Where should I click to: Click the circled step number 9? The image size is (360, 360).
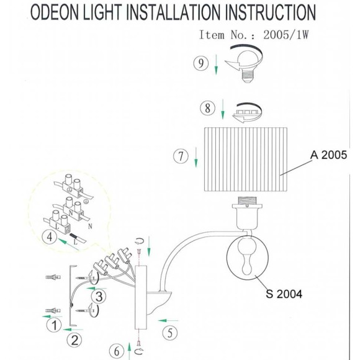201,63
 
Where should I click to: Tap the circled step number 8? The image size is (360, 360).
207,108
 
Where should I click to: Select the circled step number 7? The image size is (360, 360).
181,156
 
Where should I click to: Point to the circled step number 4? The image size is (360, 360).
50,236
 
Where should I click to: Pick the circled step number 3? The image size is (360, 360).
99,296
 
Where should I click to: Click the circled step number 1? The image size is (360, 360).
54,325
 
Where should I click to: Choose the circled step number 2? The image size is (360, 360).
74,340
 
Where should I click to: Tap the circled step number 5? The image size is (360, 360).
170,333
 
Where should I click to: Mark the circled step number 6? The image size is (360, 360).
117,351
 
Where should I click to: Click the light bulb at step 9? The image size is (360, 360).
248,66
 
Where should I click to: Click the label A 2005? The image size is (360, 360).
328,155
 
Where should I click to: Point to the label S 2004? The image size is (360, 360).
284,294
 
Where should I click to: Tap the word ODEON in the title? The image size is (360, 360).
55,12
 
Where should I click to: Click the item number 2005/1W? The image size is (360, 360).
286,35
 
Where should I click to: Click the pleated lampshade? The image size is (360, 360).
246,160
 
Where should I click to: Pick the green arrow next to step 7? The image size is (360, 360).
196,157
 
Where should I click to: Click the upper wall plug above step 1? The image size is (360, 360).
53,277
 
